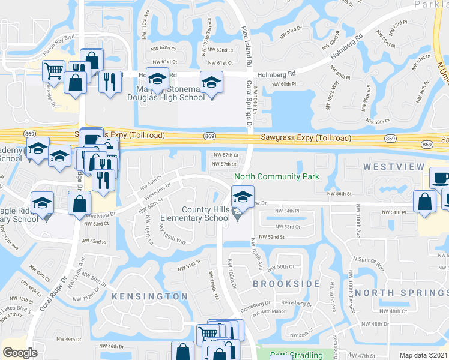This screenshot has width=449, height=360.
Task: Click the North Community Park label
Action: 277,176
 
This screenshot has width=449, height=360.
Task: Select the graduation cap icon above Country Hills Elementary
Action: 242,197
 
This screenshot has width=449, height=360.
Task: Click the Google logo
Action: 20,353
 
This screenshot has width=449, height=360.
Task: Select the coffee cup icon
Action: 441,178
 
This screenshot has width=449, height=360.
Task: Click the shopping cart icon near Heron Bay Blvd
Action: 53,72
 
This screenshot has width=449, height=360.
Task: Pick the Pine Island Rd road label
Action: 246,45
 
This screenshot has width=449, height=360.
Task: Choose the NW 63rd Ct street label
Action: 294,29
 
